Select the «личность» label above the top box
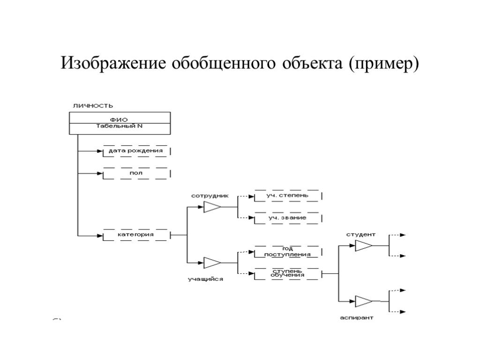point(92,105)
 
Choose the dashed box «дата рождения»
point(135,151)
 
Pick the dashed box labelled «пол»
point(135,173)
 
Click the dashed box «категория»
point(135,234)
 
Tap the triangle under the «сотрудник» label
point(212,207)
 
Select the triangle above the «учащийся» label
point(212,263)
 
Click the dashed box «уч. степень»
point(287,195)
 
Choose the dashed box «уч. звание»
point(287,218)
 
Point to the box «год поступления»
point(287,252)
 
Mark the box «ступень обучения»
point(287,273)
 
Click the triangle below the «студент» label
point(364,246)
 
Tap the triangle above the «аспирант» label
point(364,301)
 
